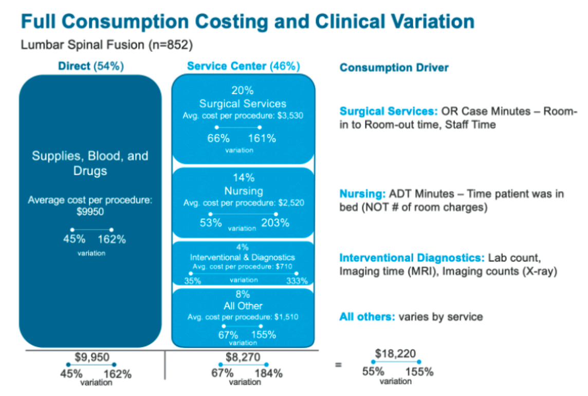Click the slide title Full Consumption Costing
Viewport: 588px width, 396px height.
(x=247, y=22)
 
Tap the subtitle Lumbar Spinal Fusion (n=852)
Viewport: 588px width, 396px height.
(x=106, y=45)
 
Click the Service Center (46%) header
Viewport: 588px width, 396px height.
(x=243, y=66)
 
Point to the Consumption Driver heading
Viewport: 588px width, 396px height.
(x=394, y=68)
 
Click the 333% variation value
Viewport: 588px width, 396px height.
(x=297, y=280)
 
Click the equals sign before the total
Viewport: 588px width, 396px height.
(x=338, y=365)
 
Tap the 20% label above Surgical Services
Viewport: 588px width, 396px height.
(x=243, y=91)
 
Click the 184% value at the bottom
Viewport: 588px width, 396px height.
(x=269, y=373)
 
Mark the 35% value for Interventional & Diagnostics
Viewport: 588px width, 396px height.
(x=192, y=280)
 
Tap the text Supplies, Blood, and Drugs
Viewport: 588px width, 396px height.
(x=90, y=163)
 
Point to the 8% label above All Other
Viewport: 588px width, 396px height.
(x=243, y=295)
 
